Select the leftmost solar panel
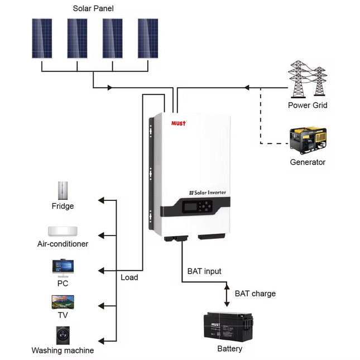click(42, 38)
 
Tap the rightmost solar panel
click(148, 38)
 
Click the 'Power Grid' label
click(308, 105)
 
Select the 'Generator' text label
click(308, 162)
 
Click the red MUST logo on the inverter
click(178, 122)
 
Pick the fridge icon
click(63, 190)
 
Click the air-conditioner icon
click(63, 231)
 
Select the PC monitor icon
click(63, 266)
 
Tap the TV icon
click(63, 302)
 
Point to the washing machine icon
click(63, 335)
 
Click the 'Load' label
click(129, 277)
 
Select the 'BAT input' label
click(204, 271)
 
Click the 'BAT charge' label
click(255, 294)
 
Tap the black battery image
click(229, 327)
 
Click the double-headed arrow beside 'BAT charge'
click(227, 295)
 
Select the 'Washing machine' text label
click(63, 351)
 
